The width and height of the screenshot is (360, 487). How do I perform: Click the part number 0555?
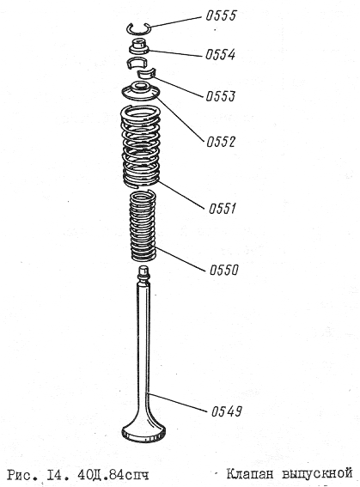click(x=221, y=15)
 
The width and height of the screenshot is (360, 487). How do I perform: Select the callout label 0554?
click(x=220, y=55)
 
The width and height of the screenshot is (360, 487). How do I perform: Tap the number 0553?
click(x=221, y=96)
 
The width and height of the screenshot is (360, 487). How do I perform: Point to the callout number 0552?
click(x=221, y=142)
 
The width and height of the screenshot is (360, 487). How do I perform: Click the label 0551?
click(x=222, y=208)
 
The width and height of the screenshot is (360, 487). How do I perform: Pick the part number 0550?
click(x=224, y=270)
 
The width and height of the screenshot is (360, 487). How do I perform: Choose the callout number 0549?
click(x=226, y=411)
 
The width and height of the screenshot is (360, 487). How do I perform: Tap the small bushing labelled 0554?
click(x=139, y=46)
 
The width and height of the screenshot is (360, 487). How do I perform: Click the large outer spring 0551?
click(x=140, y=147)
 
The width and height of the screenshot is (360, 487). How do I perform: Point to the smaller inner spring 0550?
click(x=142, y=226)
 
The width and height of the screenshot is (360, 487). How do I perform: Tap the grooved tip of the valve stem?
click(x=143, y=272)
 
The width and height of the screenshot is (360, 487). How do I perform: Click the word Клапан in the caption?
click(x=250, y=474)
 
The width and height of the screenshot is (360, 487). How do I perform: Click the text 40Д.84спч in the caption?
click(x=113, y=475)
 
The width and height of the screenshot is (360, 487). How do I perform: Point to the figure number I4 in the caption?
click(x=59, y=475)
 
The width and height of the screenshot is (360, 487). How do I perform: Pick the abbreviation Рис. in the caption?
click(x=23, y=476)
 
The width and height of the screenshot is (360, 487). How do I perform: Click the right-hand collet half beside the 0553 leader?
click(x=145, y=74)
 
